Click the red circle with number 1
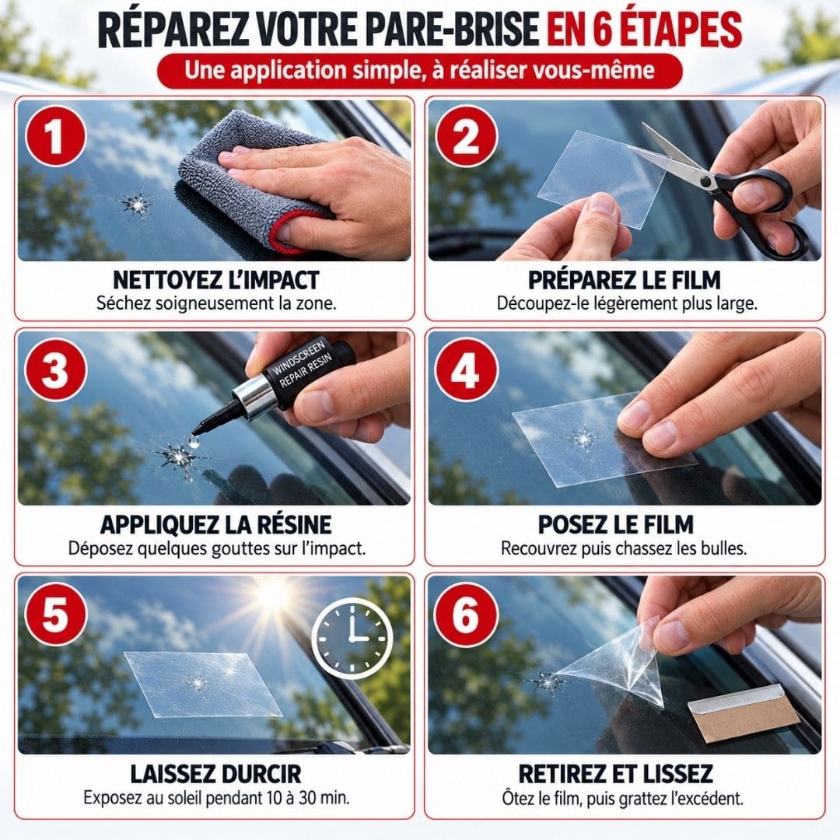[x=56, y=136]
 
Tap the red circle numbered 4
[x=466, y=369]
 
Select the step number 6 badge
[x=466, y=614]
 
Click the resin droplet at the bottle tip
[x=194, y=441]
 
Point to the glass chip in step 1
[x=136, y=204]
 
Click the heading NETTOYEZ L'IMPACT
[x=216, y=280]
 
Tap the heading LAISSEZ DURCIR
[x=216, y=774]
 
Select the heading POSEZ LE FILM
[x=615, y=524]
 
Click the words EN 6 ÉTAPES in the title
[x=645, y=30]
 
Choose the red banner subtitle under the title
[x=420, y=71]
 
